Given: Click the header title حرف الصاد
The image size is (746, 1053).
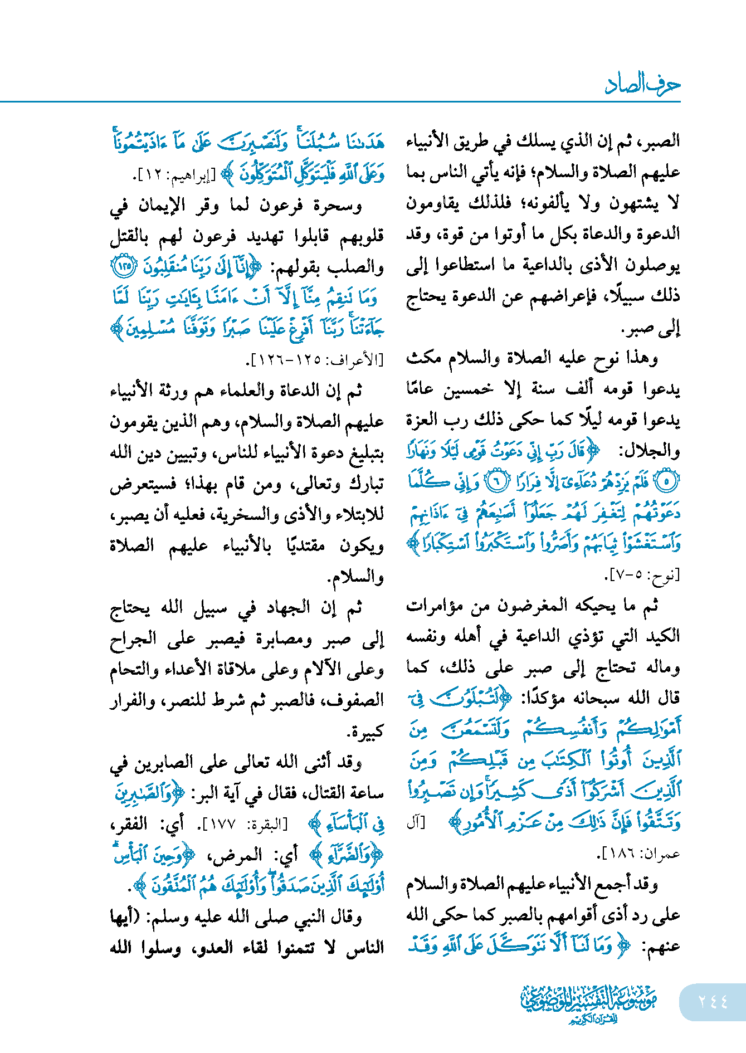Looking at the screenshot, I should [x=642, y=84].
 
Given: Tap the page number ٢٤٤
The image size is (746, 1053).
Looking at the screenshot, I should [x=713, y=1001].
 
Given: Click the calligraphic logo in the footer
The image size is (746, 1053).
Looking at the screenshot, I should [x=588, y=1003].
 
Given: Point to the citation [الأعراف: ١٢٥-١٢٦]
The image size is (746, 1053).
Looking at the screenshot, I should [x=315, y=360].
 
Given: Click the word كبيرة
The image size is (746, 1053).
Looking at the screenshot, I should [x=365, y=731].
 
